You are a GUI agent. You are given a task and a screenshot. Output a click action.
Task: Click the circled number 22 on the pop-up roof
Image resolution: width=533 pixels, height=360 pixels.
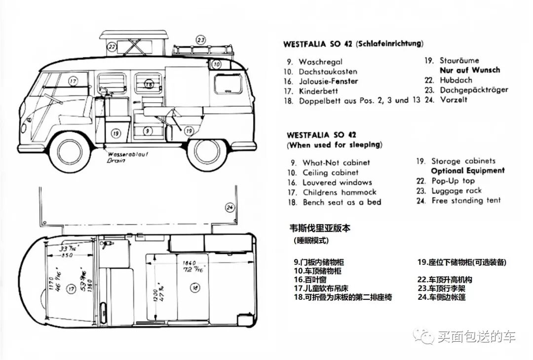click(x=112, y=47)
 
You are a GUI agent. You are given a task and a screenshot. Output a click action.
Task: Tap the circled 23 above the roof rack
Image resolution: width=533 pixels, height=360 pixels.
click(x=200, y=40)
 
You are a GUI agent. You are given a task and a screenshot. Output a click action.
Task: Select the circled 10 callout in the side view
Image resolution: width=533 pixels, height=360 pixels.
click(x=217, y=64)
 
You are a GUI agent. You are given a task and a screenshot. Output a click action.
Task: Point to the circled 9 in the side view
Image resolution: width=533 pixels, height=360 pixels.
click(x=147, y=131)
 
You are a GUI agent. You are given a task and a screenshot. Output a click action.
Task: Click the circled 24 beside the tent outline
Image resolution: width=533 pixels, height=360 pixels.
click(x=229, y=207)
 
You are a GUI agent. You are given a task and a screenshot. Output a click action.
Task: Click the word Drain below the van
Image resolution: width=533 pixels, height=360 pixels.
click(x=115, y=160)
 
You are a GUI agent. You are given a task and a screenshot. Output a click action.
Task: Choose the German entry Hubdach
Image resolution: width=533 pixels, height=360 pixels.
click(x=456, y=80)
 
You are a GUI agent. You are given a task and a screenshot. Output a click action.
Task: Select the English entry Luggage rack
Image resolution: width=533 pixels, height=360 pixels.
click(x=457, y=191)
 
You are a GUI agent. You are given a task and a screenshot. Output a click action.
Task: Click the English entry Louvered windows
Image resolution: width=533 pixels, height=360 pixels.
click(x=337, y=182)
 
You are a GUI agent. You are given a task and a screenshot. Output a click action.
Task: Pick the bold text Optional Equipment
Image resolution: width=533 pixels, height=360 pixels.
click(x=468, y=170)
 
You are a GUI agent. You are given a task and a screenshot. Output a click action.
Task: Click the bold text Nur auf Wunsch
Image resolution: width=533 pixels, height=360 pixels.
click(x=469, y=70)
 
